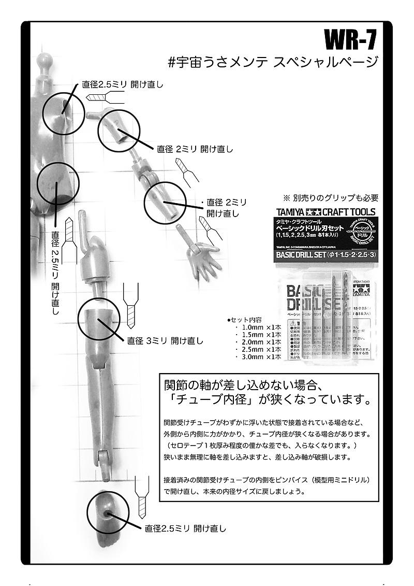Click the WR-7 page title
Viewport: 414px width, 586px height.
click(349, 39)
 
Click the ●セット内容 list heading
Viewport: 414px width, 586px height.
click(245, 320)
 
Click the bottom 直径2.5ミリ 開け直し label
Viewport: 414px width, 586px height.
click(186, 528)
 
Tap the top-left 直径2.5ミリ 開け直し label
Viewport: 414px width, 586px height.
click(123, 84)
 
